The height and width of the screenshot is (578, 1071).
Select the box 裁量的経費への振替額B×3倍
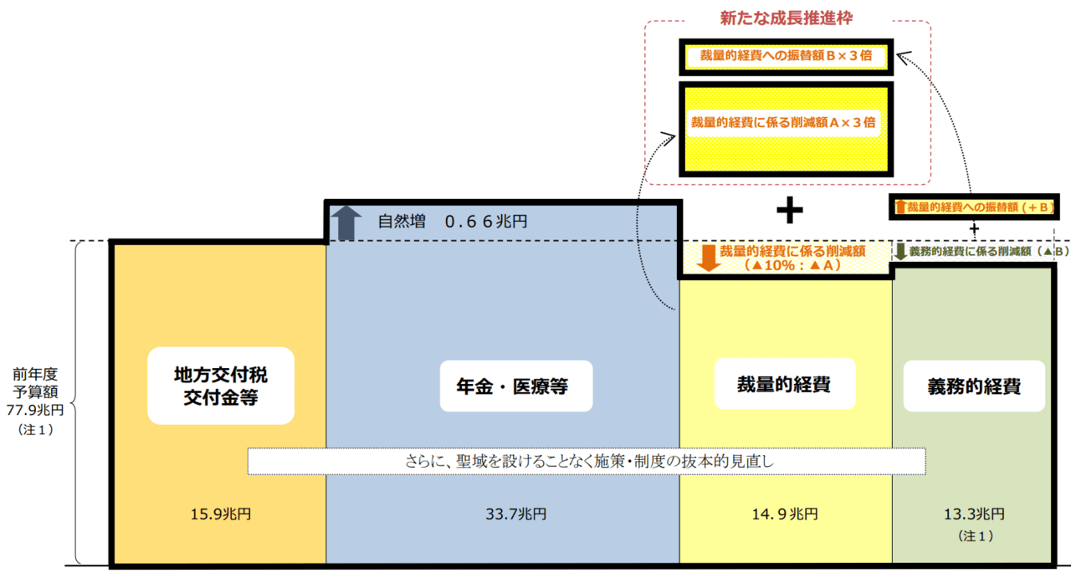pos(787,57)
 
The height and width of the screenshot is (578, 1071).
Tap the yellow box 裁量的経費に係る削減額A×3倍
pos(787,123)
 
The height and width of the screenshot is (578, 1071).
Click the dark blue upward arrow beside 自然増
pos(343,222)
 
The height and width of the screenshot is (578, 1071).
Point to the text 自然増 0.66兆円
pos(452,223)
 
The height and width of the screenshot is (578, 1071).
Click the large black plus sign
pos(789,212)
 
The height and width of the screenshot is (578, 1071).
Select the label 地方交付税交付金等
pos(221,385)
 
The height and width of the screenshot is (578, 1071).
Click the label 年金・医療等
pos(516,386)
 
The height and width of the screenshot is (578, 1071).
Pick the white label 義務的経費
pos(973,386)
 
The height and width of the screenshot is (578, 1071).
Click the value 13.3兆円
pos(973,514)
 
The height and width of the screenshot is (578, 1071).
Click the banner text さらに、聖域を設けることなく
pos(586,461)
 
